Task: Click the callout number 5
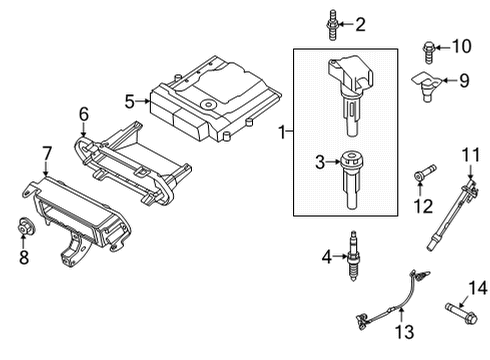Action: [x=129, y=100]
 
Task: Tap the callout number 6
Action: [x=84, y=114]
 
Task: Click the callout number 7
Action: [x=46, y=153]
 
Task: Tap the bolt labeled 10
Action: [x=429, y=46]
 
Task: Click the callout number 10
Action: [x=461, y=46]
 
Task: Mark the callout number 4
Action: [x=325, y=258]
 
